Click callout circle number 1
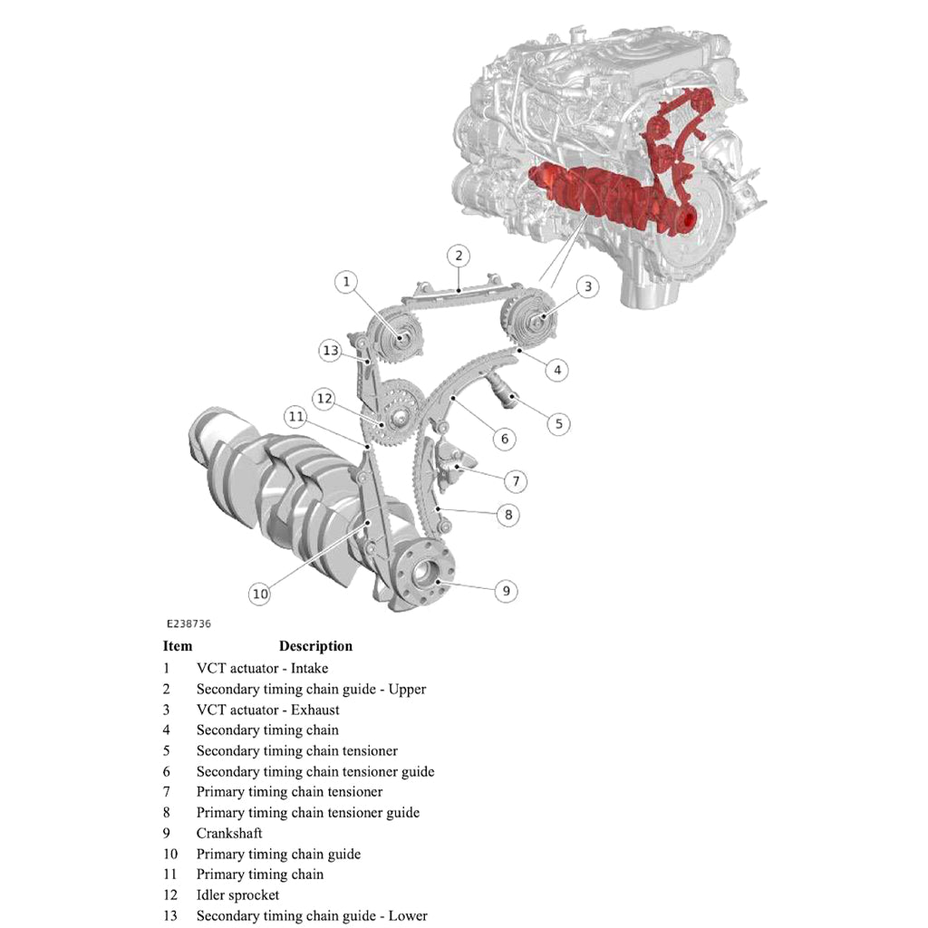coord(345,282)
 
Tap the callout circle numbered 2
coord(459,256)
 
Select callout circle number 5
coord(558,422)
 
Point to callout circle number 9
coord(506,591)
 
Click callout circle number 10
coord(260,594)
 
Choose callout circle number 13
coord(330,351)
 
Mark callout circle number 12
coord(324,398)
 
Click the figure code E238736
coord(188,624)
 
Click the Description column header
coord(315,646)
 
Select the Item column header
coord(178,646)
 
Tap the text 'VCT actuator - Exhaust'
coord(267,710)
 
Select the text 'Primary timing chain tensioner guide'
coord(307,813)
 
